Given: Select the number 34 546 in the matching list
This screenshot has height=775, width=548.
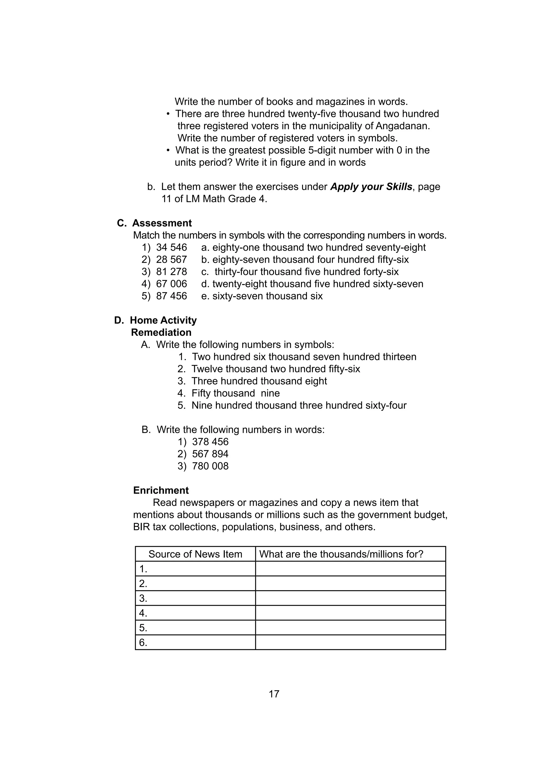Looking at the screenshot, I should click(x=171, y=247).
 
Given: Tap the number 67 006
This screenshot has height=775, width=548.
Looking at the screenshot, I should click(x=171, y=284).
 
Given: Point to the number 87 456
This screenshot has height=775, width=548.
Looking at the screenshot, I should click(x=171, y=296).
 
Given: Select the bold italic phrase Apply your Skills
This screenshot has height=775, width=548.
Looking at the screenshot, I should click(x=371, y=187).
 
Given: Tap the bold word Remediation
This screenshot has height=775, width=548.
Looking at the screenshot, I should click(x=161, y=333).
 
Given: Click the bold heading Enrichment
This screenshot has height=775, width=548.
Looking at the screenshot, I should click(x=161, y=490).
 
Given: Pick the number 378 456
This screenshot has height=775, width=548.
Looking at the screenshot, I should click(x=210, y=442).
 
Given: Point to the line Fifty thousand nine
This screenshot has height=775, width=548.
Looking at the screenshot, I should click(x=235, y=393).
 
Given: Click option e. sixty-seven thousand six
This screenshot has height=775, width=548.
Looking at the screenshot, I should click(x=262, y=296).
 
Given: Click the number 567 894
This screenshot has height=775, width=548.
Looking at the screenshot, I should click(x=210, y=454).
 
